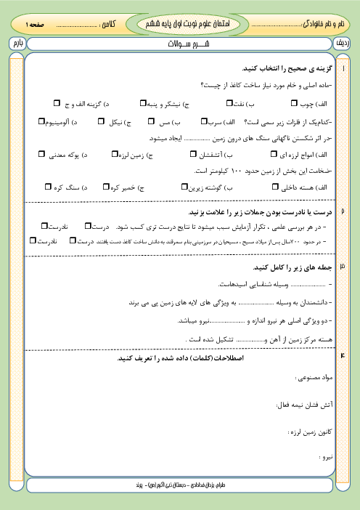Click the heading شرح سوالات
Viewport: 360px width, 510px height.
181,44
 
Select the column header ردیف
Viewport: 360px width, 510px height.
343,44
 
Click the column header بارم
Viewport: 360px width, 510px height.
17,44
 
